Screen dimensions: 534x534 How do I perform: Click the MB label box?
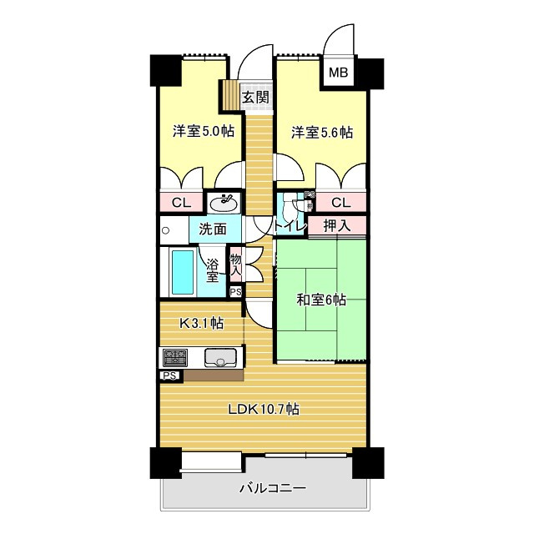point(339,73)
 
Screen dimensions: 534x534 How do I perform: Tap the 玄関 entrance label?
point(255,97)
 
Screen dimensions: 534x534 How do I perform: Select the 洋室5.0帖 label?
point(203,132)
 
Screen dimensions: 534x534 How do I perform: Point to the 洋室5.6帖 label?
point(321,132)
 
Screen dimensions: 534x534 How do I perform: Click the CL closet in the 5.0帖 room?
point(182,203)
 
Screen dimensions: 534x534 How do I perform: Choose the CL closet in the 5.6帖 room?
point(340,203)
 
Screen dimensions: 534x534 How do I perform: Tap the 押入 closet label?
point(337,225)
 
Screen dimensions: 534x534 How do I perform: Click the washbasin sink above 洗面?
point(223,203)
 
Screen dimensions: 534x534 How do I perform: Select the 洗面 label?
point(213,228)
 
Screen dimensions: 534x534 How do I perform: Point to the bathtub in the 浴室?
point(182,272)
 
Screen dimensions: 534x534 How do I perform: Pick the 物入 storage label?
point(236,266)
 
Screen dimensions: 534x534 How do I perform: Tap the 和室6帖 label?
point(321,300)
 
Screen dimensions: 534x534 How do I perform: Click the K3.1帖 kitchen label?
point(203,321)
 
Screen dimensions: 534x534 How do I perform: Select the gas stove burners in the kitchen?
point(176,358)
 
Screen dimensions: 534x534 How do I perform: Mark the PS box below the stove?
point(169,376)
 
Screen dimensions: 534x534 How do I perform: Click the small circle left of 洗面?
point(166,229)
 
